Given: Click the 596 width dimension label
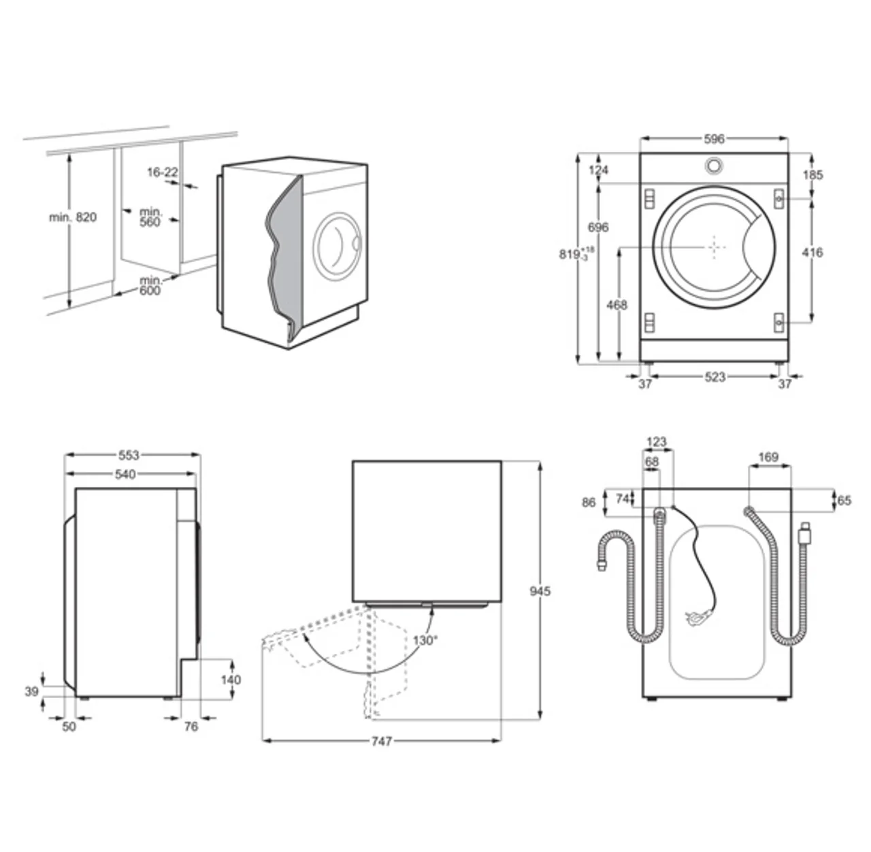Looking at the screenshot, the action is [x=714, y=139].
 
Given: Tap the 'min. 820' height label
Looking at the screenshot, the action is [x=73, y=217].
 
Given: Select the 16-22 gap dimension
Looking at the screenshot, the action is [x=163, y=172].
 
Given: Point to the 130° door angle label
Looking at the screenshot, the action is [x=425, y=640].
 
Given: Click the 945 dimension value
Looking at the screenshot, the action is [x=540, y=591].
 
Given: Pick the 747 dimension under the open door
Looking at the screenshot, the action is [x=381, y=742].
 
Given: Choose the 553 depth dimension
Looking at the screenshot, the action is [x=129, y=455].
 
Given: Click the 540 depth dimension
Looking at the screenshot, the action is [x=125, y=474].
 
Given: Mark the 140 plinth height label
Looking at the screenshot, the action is [x=231, y=680].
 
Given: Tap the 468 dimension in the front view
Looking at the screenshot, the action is [x=617, y=304].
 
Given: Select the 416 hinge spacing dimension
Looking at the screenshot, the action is [x=812, y=253].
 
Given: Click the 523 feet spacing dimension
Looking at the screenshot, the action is [x=714, y=377].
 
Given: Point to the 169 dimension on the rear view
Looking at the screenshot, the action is [x=768, y=457].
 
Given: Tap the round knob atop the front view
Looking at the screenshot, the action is [x=714, y=165].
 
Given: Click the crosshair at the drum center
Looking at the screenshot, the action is [x=714, y=247].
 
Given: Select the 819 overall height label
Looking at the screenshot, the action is [x=576, y=253].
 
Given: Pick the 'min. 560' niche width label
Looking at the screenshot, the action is [x=151, y=217].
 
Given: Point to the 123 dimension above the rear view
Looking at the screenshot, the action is [x=656, y=442].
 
